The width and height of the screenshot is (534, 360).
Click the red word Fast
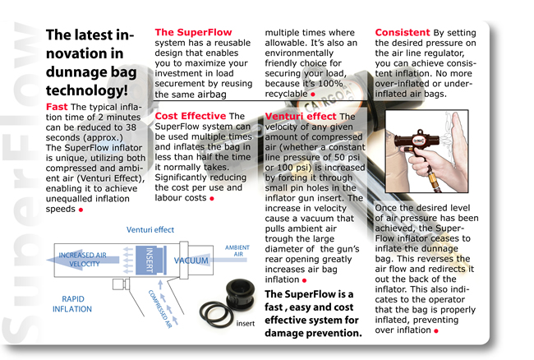tap(57, 108)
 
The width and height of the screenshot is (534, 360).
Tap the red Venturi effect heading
tap(301, 117)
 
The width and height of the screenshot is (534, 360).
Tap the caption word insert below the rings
tap(246, 325)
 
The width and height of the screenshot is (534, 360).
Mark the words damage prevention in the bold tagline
tap(313, 333)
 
